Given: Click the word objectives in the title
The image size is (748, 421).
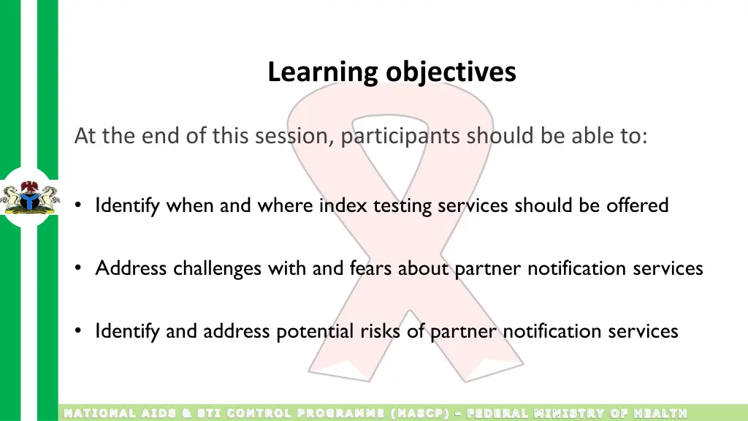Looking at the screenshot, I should click(451, 72).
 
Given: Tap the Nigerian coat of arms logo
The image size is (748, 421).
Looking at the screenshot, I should click(28, 197).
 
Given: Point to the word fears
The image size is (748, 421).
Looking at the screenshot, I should click(371, 268).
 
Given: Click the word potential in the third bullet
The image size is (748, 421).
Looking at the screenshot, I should click(315, 331).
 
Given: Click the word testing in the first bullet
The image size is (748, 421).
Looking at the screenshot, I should click(403, 205).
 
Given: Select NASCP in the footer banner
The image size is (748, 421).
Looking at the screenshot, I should click(421, 414).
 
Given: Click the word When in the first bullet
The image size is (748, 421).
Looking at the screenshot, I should click(191, 205).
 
